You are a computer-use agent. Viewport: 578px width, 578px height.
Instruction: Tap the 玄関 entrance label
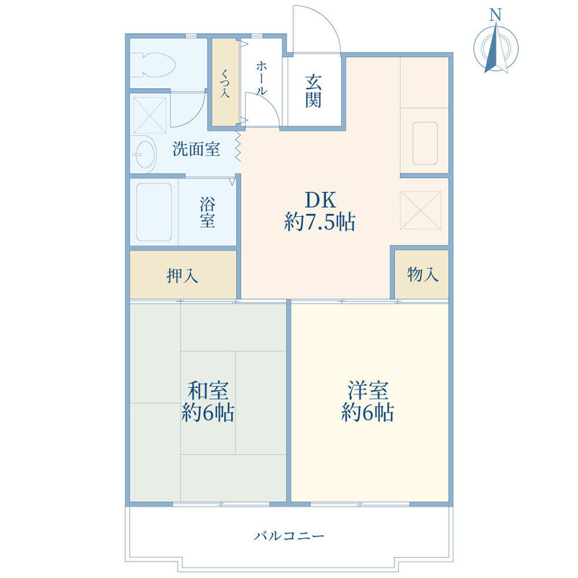(313, 91)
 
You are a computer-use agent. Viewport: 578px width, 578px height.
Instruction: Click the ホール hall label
(262, 78)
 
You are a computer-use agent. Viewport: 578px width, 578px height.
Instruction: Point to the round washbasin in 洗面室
(144, 153)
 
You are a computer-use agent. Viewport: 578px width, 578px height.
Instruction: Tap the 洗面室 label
(195, 150)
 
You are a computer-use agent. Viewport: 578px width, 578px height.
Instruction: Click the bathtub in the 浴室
(153, 212)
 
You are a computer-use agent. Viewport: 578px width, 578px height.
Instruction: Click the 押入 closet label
(183, 275)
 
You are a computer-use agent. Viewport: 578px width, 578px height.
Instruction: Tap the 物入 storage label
(422, 275)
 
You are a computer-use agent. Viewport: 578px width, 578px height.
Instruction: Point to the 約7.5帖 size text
(319, 223)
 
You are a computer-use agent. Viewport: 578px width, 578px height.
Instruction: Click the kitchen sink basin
(424, 142)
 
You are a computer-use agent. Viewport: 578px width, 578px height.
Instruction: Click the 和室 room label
(208, 391)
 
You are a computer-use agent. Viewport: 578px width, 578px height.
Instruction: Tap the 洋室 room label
(368, 391)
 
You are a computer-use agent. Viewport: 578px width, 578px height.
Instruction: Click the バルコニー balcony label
(289, 537)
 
